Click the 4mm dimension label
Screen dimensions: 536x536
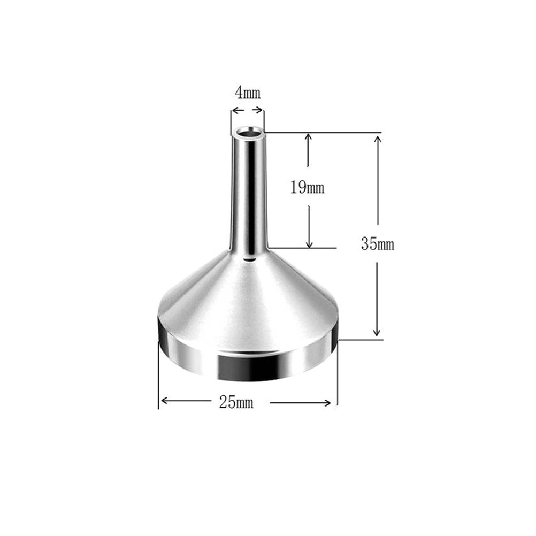click(248, 93)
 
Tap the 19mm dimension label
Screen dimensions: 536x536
click(307, 187)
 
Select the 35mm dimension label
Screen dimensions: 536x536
click(377, 244)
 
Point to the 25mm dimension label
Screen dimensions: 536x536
click(236, 402)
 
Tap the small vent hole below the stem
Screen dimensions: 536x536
click(249, 261)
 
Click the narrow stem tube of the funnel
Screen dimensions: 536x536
click(249, 192)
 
